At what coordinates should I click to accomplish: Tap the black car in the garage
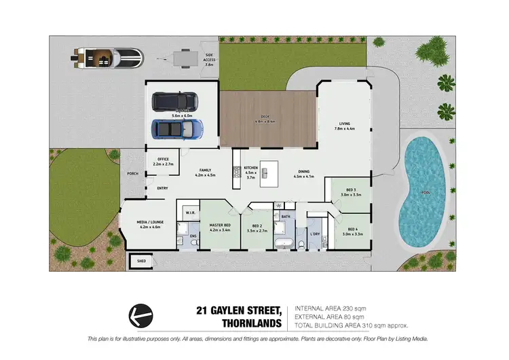pos(174,101)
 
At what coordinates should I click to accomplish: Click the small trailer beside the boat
pos(181,58)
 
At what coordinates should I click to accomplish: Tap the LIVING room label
pos(344,126)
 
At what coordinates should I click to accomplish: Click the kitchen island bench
pos(271,175)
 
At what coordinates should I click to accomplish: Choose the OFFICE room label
pos(163,161)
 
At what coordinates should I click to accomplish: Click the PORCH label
pos(133,173)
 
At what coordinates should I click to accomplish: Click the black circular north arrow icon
pos(140,314)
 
